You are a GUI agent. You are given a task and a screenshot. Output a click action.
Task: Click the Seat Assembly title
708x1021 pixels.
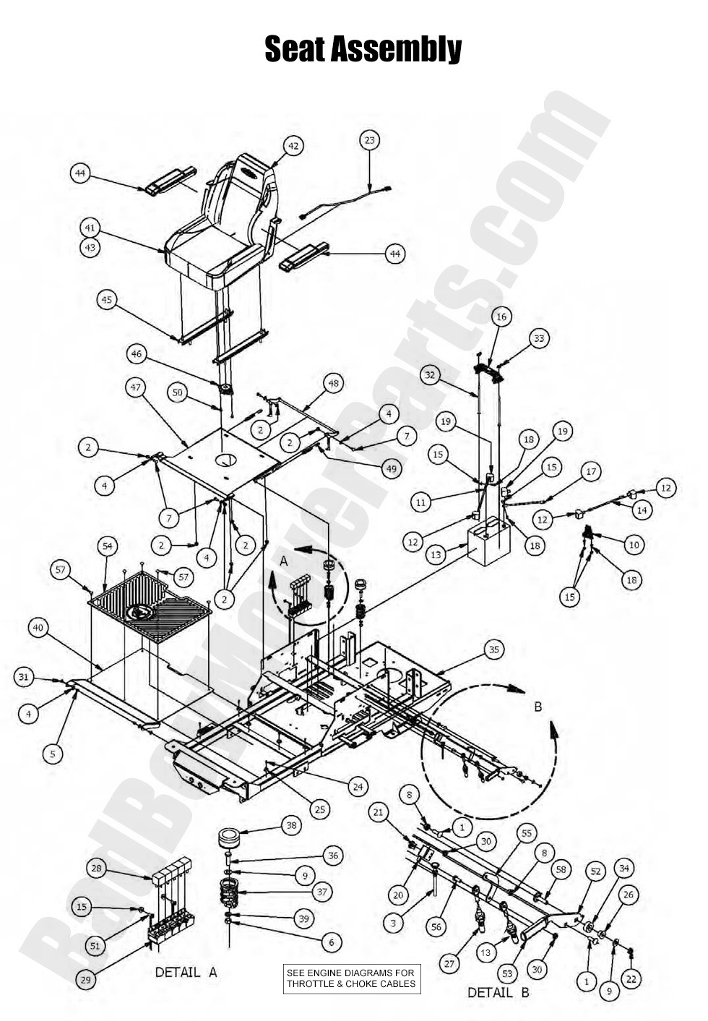[363, 49]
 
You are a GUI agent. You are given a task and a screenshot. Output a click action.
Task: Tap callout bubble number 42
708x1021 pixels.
[293, 146]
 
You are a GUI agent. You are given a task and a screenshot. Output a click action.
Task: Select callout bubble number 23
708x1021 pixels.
[370, 140]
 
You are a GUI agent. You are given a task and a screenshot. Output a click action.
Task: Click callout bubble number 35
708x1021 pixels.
[493, 650]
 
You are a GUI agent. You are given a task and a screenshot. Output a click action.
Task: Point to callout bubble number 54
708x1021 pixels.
[108, 547]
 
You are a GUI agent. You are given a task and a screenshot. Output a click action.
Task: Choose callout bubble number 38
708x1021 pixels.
[290, 824]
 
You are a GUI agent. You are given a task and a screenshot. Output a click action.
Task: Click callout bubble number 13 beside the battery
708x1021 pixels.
[436, 554]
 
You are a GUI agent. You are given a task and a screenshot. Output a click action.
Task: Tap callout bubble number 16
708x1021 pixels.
[501, 316]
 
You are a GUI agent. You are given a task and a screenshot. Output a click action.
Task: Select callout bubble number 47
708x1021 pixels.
[135, 388]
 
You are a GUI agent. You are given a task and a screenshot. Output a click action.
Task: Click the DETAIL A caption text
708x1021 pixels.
[186, 972]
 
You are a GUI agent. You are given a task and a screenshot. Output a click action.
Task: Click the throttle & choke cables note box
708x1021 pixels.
[350, 978]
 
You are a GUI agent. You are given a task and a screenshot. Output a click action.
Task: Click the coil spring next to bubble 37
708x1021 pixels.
[229, 889]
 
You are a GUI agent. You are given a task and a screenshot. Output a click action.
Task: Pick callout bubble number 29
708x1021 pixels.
[85, 980]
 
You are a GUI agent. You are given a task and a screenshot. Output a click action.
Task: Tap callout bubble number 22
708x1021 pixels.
[631, 979]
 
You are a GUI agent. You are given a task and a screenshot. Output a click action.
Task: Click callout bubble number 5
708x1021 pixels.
[52, 754]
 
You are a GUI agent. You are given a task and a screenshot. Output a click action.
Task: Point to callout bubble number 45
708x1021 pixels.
[108, 299]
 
